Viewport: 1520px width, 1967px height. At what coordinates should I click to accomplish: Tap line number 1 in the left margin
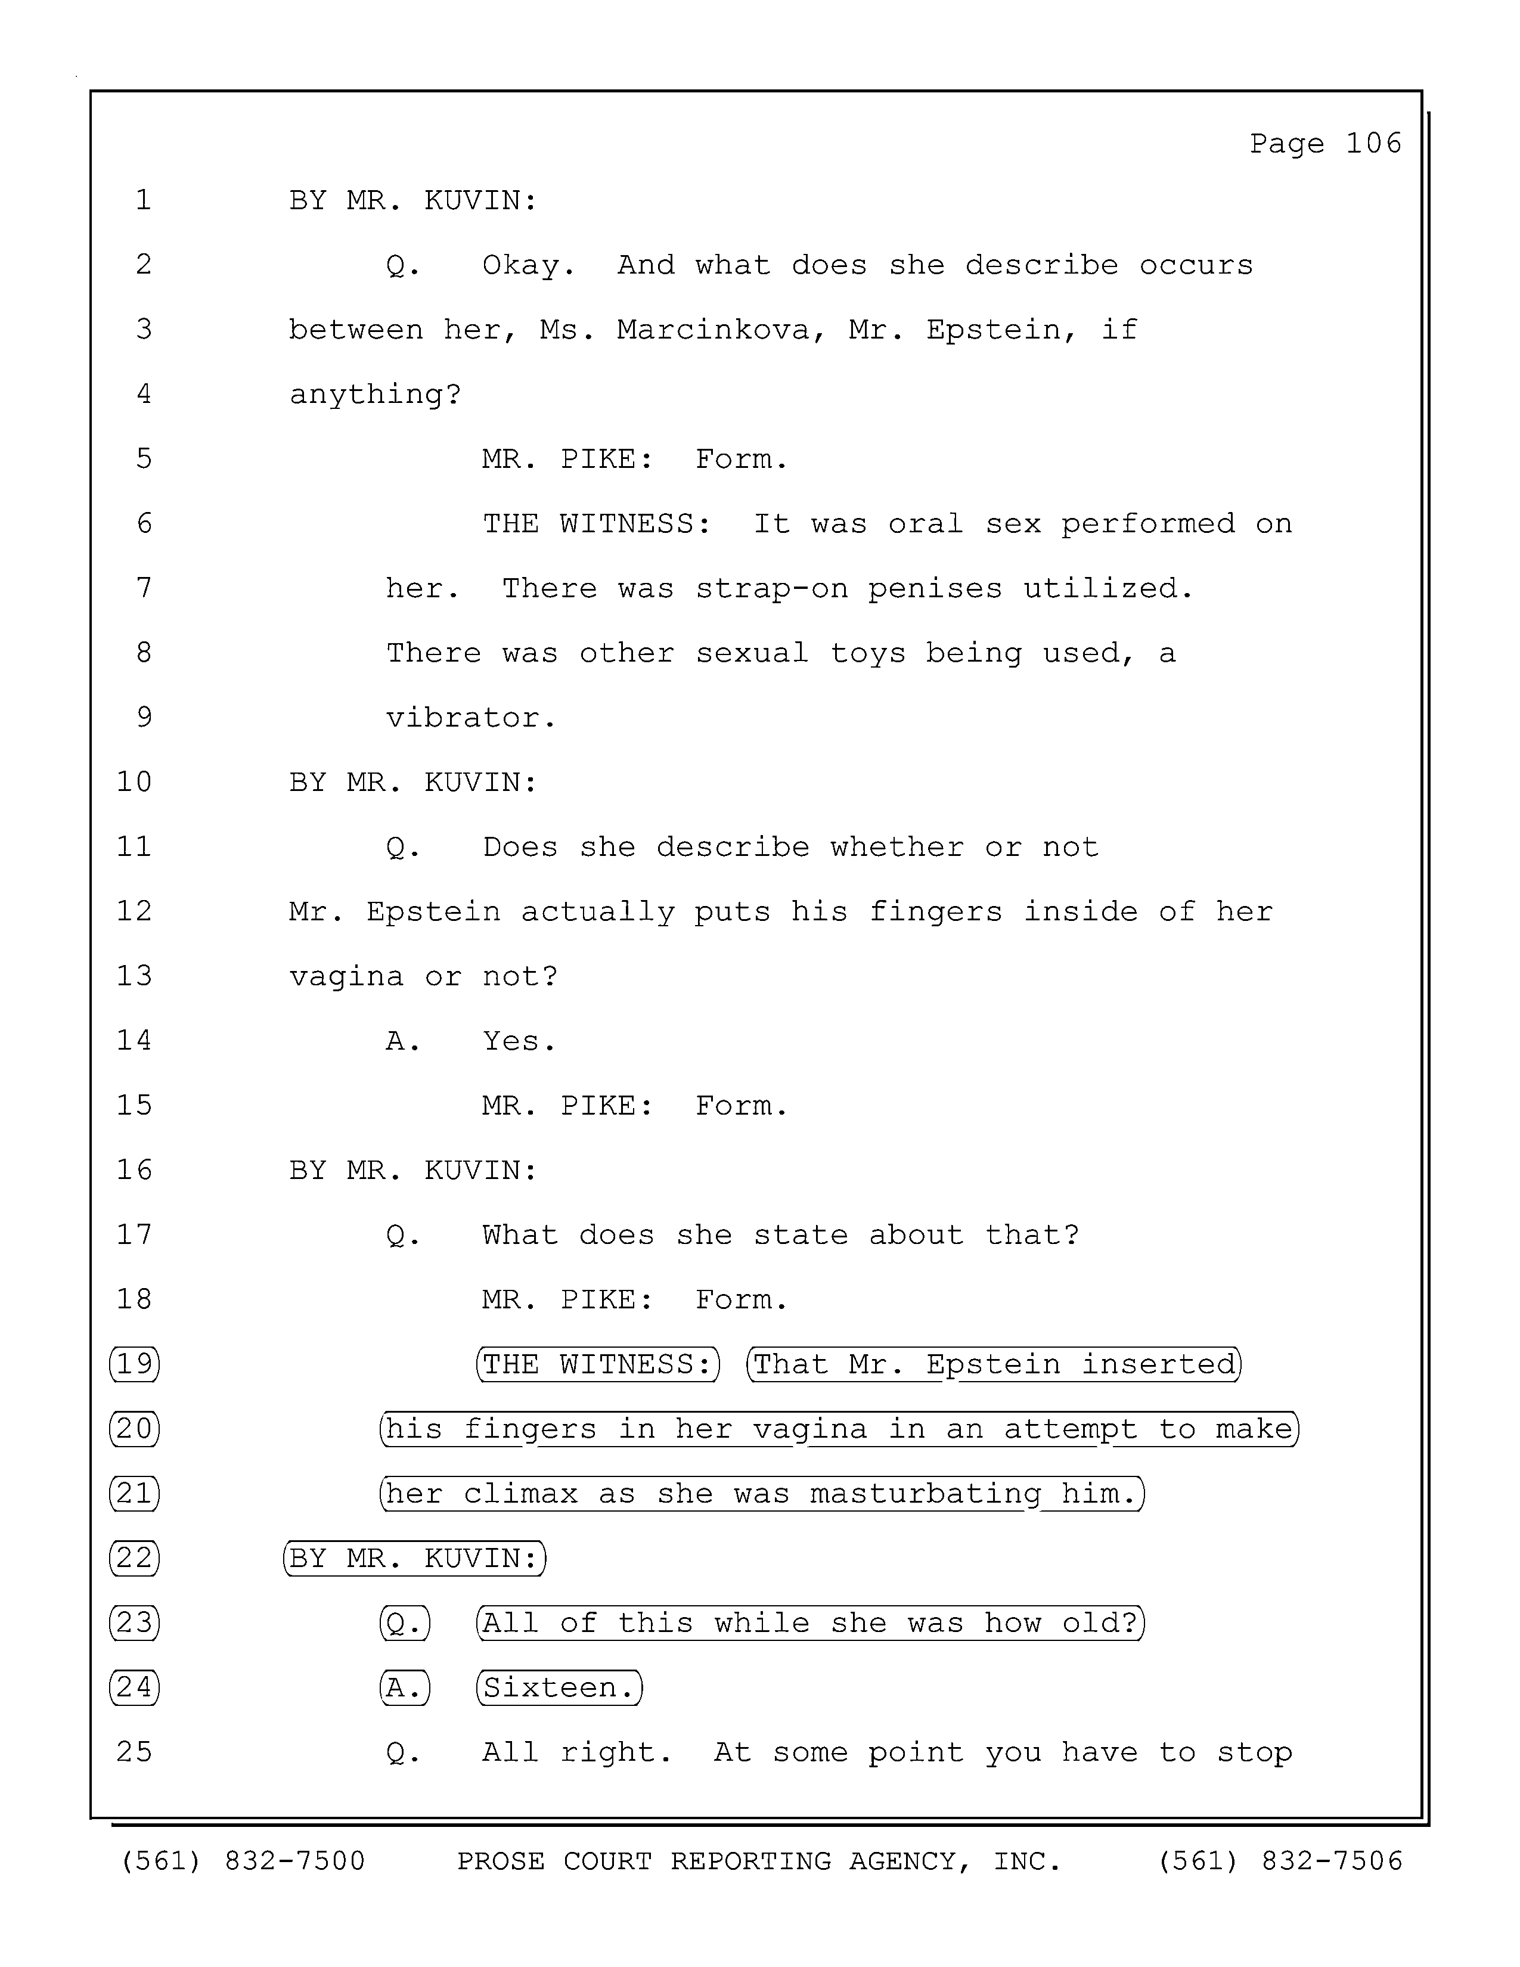click(x=143, y=199)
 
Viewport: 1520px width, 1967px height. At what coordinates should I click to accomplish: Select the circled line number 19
click(x=134, y=1364)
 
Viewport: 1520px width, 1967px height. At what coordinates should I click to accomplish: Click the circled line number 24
click(x=134, y=1687)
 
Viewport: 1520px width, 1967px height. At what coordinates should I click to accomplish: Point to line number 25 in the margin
click(x=134, y=1752)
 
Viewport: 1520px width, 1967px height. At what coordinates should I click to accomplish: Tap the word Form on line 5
click(x=740, y=460)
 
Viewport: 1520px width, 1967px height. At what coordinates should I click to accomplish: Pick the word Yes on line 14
click(x=519, y=1041)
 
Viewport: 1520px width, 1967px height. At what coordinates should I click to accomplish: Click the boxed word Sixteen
click(x=559, y=1687)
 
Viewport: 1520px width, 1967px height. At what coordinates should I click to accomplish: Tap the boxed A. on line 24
click(x=404, y=1687)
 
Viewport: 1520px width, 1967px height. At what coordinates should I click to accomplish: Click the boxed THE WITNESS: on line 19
click(x=598, y=1364)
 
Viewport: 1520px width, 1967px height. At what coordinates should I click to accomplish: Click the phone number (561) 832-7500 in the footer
click(x=243, y=1861)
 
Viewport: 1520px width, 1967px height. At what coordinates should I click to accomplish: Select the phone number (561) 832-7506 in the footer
click(x=1280, y=1861)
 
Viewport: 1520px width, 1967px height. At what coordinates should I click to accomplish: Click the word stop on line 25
click(x=1254, y=1752)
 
